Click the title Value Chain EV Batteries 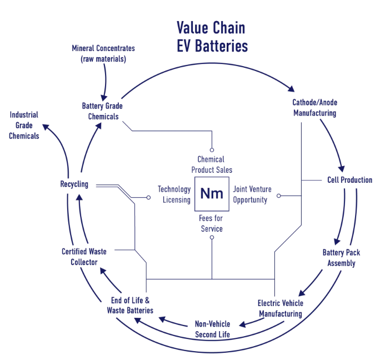(212, 37)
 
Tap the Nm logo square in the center (212, 194)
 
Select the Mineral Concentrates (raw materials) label (103, 53)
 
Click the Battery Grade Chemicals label (102, 111)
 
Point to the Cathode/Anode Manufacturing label (314, 108)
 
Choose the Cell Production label (348, 180)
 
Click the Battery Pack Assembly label (341, 258)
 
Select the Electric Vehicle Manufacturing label (280, 308)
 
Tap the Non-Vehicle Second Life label (212, 329)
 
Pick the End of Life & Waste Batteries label (130, 306)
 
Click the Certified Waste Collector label (84, 257)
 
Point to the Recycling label (74, 184)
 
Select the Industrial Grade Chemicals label (24, 125)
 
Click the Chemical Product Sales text (212, 164)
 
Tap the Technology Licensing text (174, 194)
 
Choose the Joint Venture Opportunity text (250, 194)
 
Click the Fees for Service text (211, 224)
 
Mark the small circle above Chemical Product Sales (212, 150)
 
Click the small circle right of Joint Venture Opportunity (279, 196)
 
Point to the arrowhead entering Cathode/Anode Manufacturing (291, 88)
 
